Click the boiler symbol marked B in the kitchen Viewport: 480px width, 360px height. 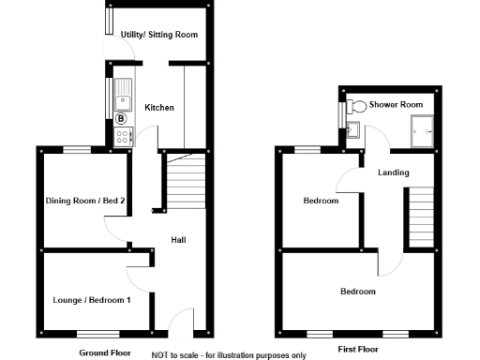point(121,118)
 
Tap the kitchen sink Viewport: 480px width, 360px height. point(121,93)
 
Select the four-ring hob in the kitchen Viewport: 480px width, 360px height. point(122,137)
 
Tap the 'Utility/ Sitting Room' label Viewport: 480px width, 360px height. point(159,35)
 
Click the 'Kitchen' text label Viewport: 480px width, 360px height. point(158,108)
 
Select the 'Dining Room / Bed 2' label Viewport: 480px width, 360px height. point(85,200)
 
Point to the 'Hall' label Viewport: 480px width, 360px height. point(177,240)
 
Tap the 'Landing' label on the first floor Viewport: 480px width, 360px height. point(393,172)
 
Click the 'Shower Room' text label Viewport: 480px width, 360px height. point(396,104)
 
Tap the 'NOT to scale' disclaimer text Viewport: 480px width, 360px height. point(229,355)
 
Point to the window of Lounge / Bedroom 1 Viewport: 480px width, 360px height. point(97,333)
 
